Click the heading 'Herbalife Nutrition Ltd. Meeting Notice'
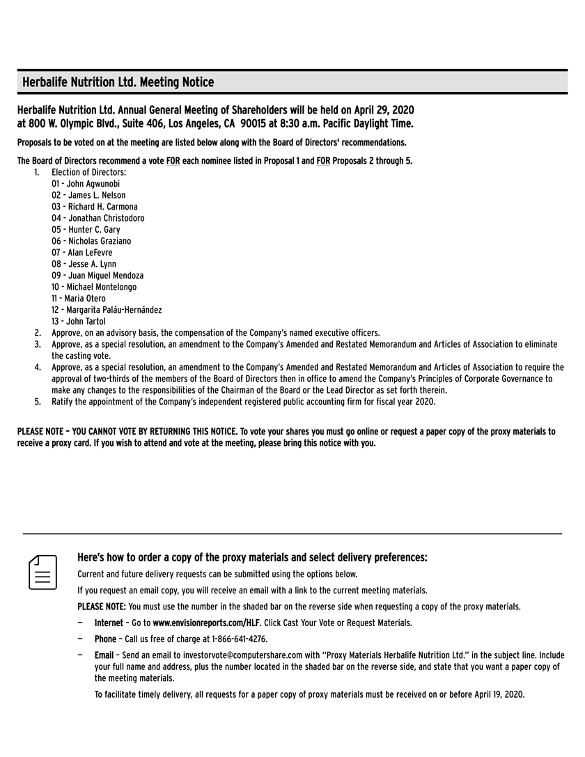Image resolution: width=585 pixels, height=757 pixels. pos(118,82)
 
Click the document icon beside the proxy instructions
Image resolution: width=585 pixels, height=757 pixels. pos(42,572)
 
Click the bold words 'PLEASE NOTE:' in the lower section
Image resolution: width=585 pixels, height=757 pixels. pos(102,607)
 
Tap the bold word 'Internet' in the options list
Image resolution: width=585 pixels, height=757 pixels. pos(109,623)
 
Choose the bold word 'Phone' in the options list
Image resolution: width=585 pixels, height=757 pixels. pos(105,639)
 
